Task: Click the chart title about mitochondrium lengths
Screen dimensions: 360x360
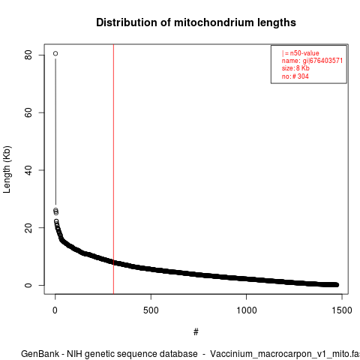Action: coord(196,22)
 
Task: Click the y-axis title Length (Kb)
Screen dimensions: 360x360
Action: coord(7,169)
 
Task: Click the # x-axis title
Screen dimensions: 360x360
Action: coord(196,332)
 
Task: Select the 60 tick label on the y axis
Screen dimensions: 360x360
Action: coord(28,112)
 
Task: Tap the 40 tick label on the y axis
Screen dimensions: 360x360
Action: coord(28,170)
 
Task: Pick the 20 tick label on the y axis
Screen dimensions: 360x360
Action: coord(28,228)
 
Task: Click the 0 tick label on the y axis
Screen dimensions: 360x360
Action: coord(28,285)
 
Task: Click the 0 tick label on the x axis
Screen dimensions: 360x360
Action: coord(55,310)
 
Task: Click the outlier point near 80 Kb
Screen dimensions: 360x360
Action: coord(55,53)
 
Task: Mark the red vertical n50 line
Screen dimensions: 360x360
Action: coord(113,169)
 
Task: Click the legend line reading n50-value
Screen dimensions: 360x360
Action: coord(300,53)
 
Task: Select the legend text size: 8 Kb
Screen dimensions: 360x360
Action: coord(295,68)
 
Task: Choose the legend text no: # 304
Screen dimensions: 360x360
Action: coord(295,76)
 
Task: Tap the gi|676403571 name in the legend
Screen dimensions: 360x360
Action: coord(322,61)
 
